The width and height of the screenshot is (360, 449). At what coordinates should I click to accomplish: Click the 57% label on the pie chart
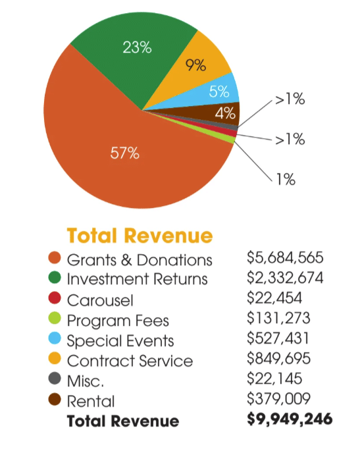125,153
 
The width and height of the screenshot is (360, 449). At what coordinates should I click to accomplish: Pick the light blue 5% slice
219,92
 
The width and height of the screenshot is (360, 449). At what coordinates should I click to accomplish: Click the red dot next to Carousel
55,300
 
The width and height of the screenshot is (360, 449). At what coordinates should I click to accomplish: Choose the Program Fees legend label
118,321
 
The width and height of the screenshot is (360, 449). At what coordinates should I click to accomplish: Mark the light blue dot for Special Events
55,340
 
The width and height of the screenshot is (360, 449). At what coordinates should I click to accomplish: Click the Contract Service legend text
130,361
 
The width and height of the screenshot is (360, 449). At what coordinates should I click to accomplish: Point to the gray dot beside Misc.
55,381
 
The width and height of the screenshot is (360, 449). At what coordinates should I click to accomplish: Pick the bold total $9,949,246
289,419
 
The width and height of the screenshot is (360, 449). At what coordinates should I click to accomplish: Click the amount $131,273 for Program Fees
278,320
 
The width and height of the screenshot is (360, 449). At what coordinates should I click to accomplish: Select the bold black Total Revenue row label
122,421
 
